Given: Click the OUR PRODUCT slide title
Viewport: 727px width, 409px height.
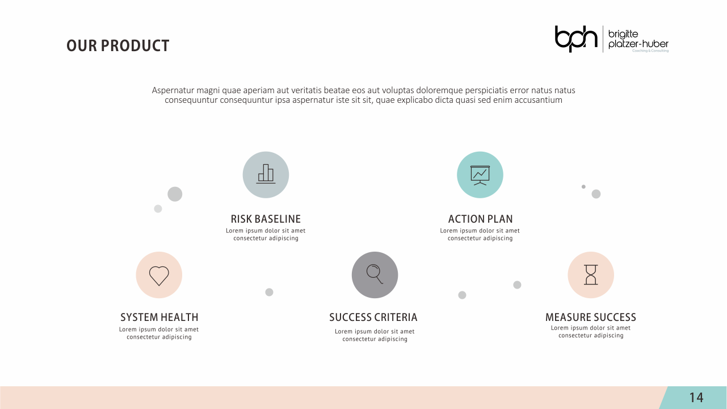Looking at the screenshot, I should coord(117,46).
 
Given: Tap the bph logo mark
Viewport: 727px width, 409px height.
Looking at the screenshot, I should coord(576,38).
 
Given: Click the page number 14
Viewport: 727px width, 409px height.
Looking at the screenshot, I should coord(696,398).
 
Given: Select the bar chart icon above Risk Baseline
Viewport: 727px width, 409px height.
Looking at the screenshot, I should coord(266,174).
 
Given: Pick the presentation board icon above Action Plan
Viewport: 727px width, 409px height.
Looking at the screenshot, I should coord(480,174).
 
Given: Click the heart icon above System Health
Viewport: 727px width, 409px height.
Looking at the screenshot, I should coord(159,275).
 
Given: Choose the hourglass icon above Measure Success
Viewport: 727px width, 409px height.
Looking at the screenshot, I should coord(591,275).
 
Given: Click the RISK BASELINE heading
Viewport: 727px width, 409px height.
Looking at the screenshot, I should coord(266,219).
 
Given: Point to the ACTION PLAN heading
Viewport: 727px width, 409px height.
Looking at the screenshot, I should coord(480,219).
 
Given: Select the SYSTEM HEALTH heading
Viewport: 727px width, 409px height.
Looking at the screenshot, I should coord(159,317).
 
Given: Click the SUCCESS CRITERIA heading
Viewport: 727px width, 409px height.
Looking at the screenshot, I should coord(373,317).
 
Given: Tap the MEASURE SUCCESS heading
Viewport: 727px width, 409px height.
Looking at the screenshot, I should coord(591,317).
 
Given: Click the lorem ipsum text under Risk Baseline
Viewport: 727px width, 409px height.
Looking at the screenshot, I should coord(266,235).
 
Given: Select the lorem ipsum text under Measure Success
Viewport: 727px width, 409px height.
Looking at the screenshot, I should coord(591,332).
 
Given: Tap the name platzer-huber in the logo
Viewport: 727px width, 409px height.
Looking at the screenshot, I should coord(638,44).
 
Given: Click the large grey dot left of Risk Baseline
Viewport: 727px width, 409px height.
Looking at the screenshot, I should coord(175,194).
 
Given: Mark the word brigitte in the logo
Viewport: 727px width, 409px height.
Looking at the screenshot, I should coord(623,34).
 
